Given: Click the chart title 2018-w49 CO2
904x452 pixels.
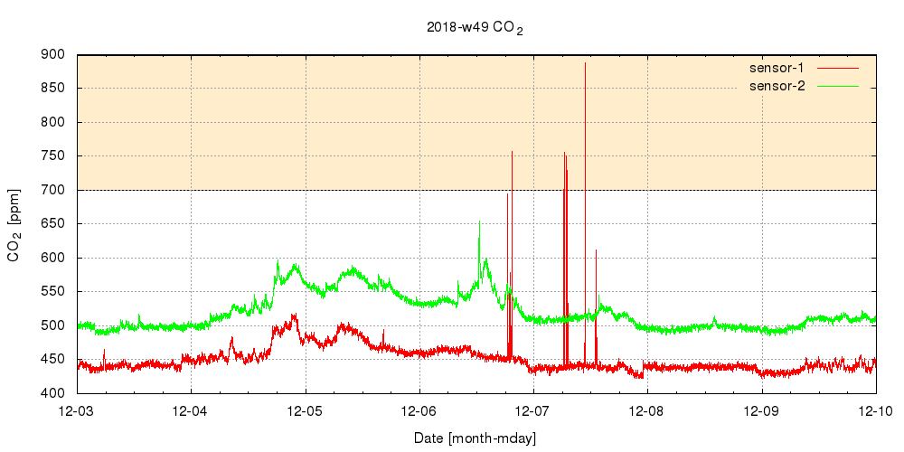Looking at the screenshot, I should pos(475,27).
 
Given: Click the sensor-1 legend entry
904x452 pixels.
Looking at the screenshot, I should pos(783,68).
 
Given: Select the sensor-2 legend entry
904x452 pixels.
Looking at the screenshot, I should pos(783,86).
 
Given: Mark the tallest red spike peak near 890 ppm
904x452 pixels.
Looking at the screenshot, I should pos(585,63).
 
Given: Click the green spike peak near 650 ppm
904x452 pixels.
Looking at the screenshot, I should pos(479,221).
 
